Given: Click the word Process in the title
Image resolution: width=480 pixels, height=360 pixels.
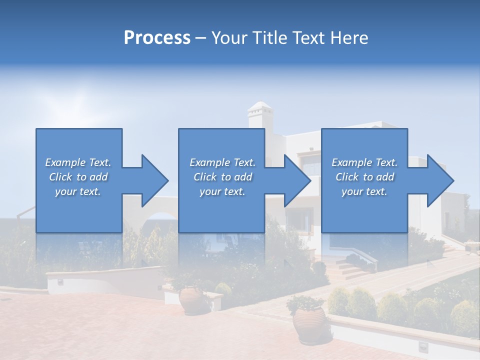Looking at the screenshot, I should tap(157, 37).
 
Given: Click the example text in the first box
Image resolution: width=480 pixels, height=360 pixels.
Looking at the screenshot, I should tap(78, 177).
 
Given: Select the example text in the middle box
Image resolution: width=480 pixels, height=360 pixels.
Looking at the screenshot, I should tap(222, 177).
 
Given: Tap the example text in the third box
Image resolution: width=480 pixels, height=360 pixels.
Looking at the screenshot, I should tap(364, 177).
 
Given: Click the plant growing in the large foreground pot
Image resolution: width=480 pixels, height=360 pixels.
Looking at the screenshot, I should tap(305, 302).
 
